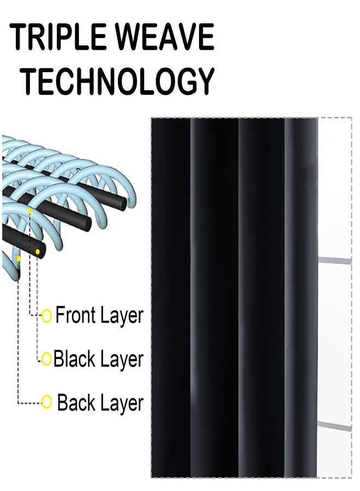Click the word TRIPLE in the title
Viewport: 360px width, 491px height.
pyautogui.click(x=58, y=37)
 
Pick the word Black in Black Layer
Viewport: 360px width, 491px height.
pyautogui.click(x=74, y=359)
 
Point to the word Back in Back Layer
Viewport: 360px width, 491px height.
pyautogui.click(x=76, y=403)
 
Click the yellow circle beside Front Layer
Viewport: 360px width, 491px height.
pyautogui.click(x=47, y=316)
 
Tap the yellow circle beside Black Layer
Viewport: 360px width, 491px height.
pyautogui.click(x=47, y=359)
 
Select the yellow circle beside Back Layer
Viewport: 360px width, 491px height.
pyautogui.click(x=47, y=402)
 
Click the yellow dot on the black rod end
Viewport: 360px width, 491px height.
pyautogui.click(x=38, y=252)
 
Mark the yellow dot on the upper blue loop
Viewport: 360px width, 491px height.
pyautogui.click(x=30, y=211)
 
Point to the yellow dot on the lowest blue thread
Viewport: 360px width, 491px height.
pyautogui.click(x=19, y=259)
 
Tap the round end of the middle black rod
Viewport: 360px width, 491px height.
pyautogui.click(x=86, y=223)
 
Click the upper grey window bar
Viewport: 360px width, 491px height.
pyautogui.click(x=335, y=261)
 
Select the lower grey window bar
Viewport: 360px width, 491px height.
pyautogui.click(x=334, y=426)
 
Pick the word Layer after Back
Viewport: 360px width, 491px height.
pyautogui.click(x=122, y=404)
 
